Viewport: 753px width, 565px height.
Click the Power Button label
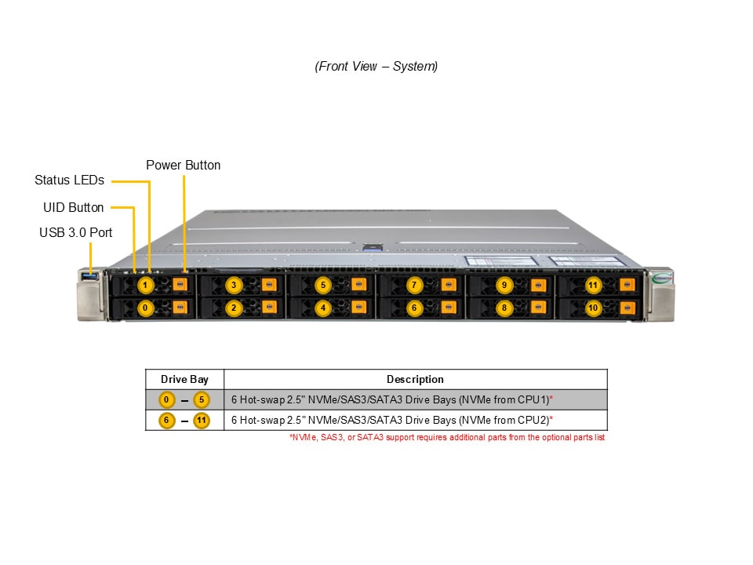[183, 166]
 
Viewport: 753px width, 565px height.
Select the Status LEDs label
[69, 180]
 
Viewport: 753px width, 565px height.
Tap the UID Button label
[74, 207]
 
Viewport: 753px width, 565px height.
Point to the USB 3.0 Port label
[76, 232]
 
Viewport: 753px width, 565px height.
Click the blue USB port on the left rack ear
[89, 275]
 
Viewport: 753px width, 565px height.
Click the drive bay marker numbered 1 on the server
[145, 285]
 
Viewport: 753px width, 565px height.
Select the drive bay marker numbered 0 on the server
[145, 308]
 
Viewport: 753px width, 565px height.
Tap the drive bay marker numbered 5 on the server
[323, 285]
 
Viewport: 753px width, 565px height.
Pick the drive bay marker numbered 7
[414, 285]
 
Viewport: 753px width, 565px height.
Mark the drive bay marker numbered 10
[593, 308]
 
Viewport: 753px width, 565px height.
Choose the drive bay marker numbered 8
[504, 308]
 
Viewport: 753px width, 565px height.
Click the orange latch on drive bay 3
[269, 284]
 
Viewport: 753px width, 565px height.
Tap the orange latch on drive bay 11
[627, 284]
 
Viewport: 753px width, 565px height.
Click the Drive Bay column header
[184, 380]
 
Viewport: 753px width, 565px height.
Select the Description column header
[416, 380]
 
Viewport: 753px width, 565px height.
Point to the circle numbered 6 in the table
[166, 421]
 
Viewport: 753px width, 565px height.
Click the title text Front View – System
[376, 66]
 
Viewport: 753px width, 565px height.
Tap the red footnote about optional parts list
[447, 438]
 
